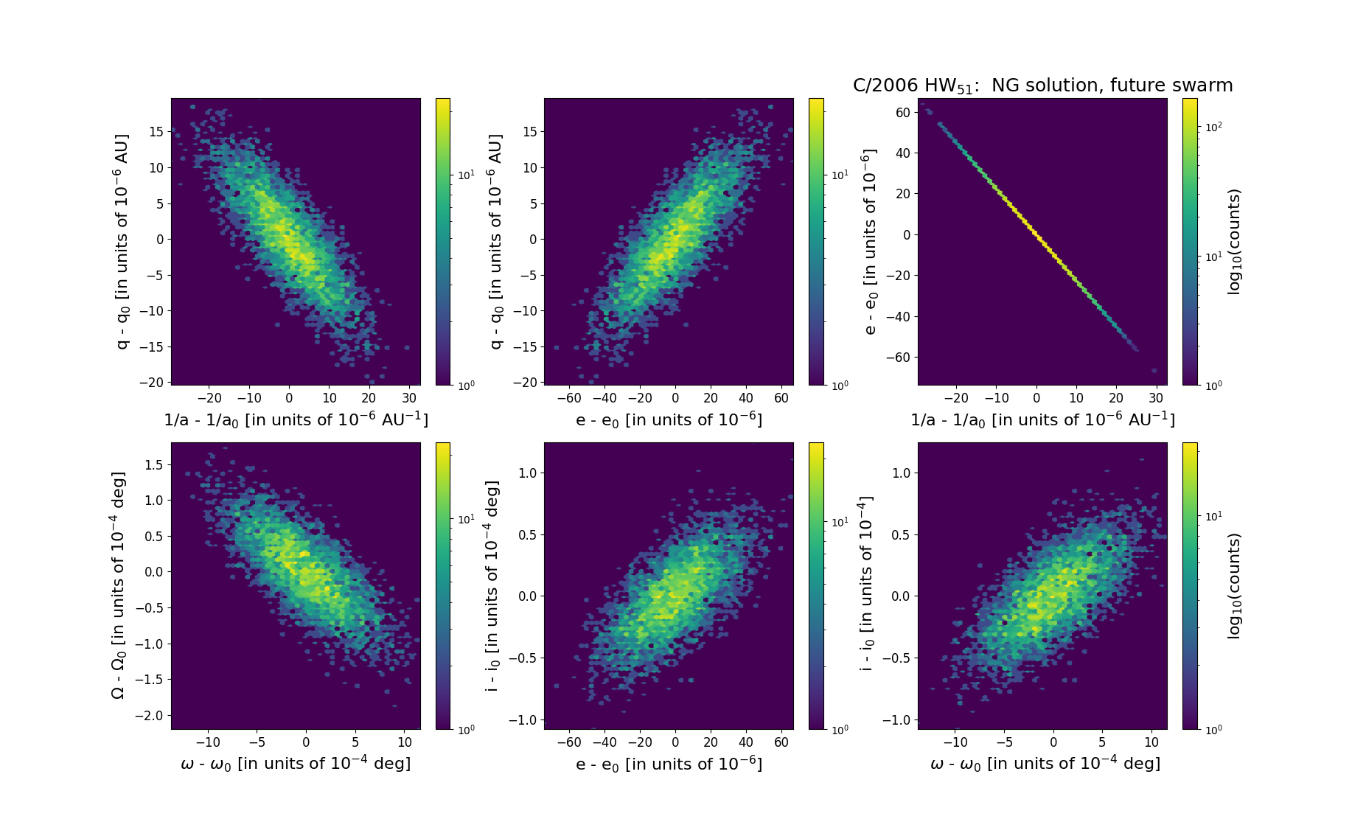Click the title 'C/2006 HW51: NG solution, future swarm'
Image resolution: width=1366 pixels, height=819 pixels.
coord(1042,86)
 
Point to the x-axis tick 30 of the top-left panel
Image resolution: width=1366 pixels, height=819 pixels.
coord(409,398)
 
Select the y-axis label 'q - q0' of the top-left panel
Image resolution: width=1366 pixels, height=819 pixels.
coord(122,241)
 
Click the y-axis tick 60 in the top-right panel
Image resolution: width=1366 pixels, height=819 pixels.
coord(902,112)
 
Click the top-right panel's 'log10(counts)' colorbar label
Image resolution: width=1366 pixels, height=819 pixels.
coord(1234,242)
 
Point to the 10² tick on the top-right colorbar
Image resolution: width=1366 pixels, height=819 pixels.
coord(1213,127)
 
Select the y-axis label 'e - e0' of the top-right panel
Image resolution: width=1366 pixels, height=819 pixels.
coord(870,241)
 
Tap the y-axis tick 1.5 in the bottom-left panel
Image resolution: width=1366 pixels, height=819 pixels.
coord(153,464)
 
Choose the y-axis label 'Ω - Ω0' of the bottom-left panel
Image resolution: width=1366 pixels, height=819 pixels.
coord(118,585)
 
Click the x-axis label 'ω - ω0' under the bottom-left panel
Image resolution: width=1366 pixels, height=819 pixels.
coord(296,764)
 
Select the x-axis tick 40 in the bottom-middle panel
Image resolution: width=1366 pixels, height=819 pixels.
coord(746,742)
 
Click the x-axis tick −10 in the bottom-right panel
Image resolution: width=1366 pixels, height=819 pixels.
coord(955,742)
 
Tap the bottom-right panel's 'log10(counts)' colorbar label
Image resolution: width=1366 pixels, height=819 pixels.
coord(1234,586)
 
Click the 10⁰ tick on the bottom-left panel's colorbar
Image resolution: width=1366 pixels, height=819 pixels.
coord(466,729)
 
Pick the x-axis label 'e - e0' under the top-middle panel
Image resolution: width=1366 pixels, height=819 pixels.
coord(669,420)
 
